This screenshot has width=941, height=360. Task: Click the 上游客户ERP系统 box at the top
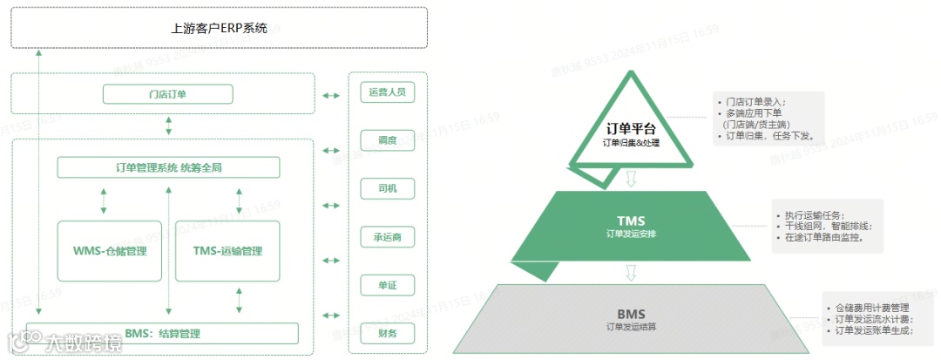[x=219, y=27]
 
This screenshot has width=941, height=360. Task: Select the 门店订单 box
[x=167, y=94]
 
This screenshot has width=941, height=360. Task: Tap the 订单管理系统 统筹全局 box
[x=168, y=167]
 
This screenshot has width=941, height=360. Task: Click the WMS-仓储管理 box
[x=110, y=251]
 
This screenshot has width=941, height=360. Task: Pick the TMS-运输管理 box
[x=227, y=251]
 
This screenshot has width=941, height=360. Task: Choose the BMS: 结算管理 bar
[x=162, y=333]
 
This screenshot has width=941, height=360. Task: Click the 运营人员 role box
[x=388, y=92]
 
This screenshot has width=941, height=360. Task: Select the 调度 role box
[x=388, y=140]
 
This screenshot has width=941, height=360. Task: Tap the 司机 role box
[x=388, y=188]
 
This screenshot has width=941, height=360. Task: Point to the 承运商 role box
[x=388, y=237]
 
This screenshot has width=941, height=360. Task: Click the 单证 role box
[x=388, y=285]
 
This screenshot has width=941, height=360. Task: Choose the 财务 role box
[x=388, y=333]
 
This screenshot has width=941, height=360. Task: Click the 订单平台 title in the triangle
[x=632, y=128]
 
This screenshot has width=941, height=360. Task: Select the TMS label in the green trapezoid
[x=632, y=221]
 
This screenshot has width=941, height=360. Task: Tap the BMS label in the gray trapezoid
[x=632, y=313]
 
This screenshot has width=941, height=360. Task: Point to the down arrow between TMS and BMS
[x=632, y=272]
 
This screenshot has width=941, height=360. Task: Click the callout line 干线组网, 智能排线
[x=828, y=226]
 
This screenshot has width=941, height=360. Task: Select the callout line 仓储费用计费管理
[x=871, y=308]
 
